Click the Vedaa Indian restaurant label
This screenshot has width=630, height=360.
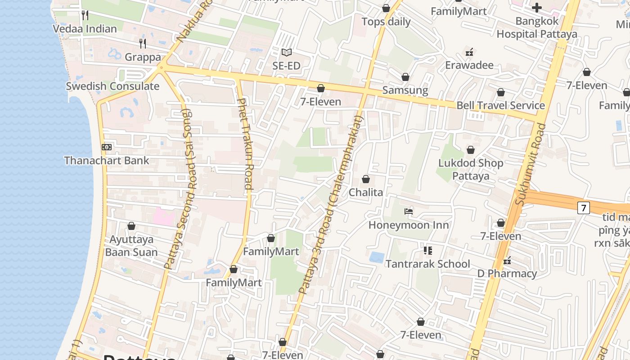[x=85, y=29]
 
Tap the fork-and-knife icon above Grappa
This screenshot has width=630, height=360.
[x=143, y=43]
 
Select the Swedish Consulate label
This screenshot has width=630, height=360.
[x=112, y=86]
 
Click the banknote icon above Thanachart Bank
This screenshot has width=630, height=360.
[x=107, y=147]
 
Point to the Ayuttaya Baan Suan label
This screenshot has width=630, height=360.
[x=131, y=246]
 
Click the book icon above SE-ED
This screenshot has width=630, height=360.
[x=287, y=53]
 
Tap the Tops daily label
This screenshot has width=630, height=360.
[x=386, y=22]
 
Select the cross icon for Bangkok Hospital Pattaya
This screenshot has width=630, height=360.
[x=536, y=8]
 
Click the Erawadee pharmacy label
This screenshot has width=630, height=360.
[x=469, y=65]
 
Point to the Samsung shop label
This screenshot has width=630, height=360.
[x=405, y=90]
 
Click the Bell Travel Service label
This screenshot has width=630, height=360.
[x=500, y=105]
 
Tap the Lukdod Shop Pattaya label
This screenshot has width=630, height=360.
[x=471, y=169]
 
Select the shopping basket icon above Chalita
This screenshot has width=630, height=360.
[x=366, y=179]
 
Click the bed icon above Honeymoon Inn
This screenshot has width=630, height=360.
[x=409, y=211]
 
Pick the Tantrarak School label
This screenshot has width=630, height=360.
[x=427, y=264]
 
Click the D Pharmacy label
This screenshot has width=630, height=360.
[x=507, y=274]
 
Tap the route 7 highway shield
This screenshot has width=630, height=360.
[x=583, y=207]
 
